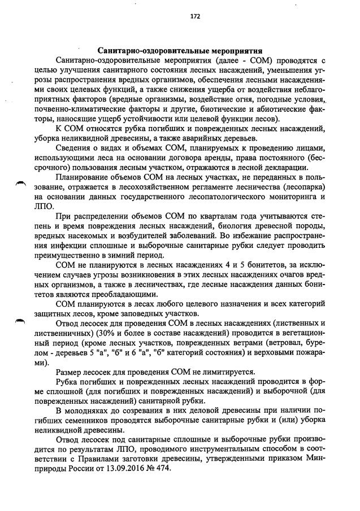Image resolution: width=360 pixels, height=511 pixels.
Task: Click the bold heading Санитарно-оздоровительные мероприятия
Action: [179, 51]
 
